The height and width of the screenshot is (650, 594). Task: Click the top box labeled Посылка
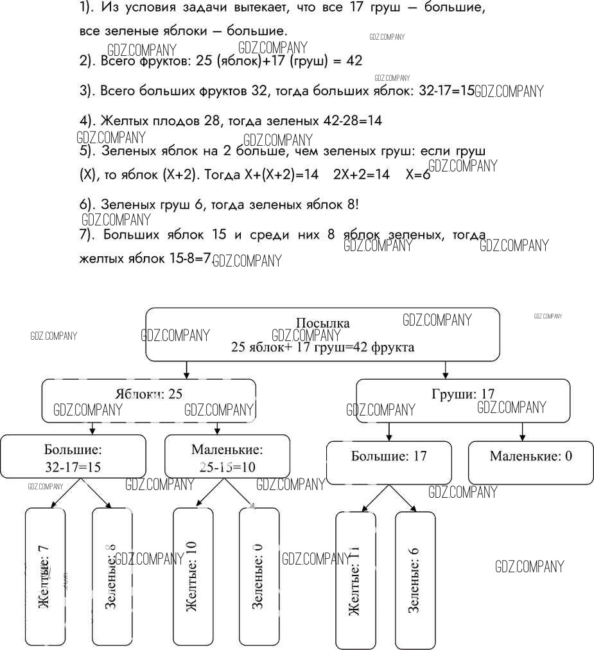(x=322, y=335)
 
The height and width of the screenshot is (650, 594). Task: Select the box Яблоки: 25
(x=148, y=400)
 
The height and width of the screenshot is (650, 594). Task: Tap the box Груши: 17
(x=462, y=400)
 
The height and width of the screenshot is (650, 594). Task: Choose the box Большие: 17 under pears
(x=389, y=462)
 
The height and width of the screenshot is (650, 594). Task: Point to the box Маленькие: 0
(x=530, y=462)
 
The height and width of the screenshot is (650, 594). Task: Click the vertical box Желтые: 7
(x=44, y=576)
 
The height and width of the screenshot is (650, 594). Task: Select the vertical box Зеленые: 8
(x=112, y=576)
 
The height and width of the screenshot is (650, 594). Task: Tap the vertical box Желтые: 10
(x=193, y=576)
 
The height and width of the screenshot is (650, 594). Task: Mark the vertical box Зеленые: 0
(x=259, y=576)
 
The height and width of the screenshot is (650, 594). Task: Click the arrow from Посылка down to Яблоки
(x=186, y=370)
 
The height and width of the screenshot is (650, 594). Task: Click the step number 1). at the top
(x=88, y=9)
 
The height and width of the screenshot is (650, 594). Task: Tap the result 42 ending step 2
(x=354, y=60)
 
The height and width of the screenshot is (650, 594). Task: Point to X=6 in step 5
(x=417, y=175)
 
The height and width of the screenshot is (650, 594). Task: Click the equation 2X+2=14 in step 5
(x=362, y=175)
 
